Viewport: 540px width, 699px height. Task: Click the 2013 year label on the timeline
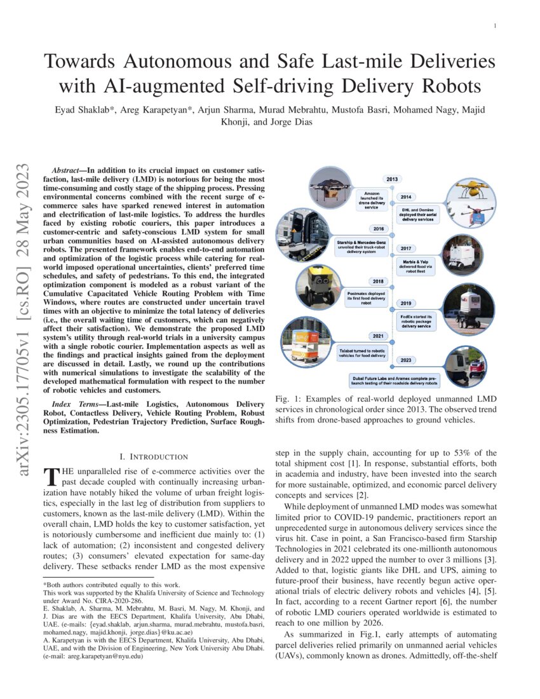pyautogui.click(x=392, y=179)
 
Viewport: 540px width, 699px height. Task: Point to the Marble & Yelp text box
pyautogui.click(x=415, y=269)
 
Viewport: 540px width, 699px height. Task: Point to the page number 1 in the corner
pyautogui.click(x=494, y=25)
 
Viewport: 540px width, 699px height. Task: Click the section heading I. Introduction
pyautogui.click(x=154, y=457)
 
